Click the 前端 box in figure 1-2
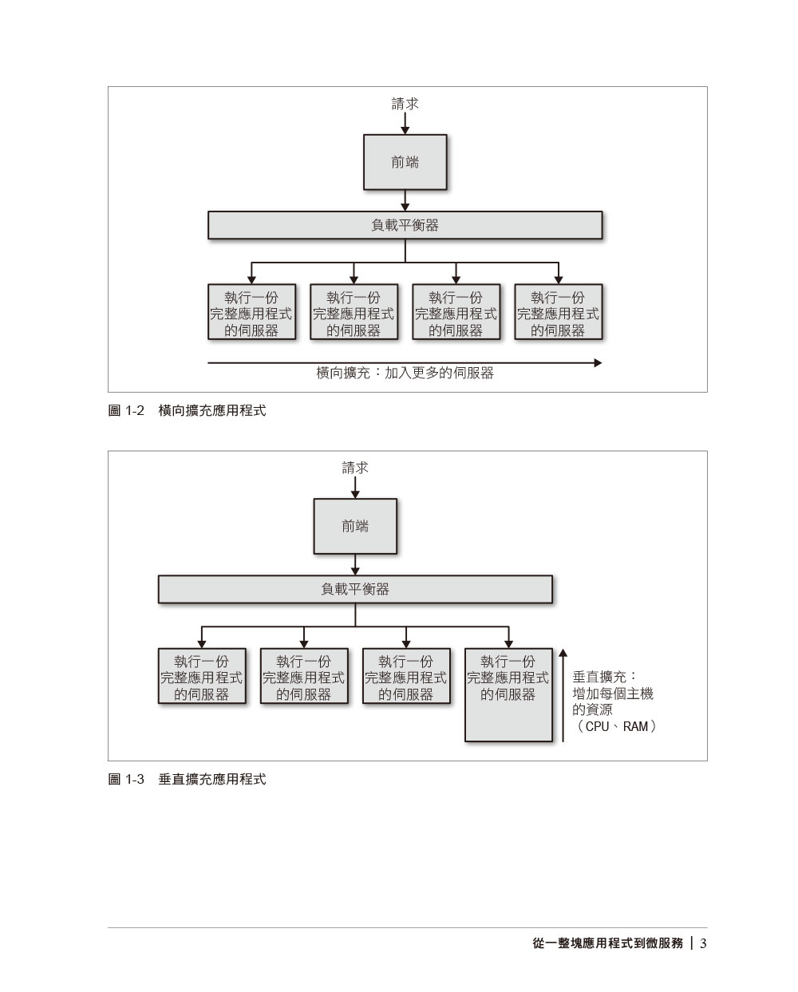tap(405, 162)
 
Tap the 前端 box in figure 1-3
tap(355, 526)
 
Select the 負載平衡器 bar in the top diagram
tap(405, 225)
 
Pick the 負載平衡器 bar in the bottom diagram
tap(355, 589)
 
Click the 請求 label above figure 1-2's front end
tap(405, 104)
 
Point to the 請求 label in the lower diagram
tap(355, 468)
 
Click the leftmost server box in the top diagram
tap(251, 313)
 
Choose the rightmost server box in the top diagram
tap(558, 313)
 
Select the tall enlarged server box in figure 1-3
tap(508, 694)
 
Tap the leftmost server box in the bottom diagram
tap(202, 677)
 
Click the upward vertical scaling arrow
tap(563, 694)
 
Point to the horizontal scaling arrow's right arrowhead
tap(597, 363)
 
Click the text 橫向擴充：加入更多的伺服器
tap(405, 373)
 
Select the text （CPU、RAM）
tap(614, 726)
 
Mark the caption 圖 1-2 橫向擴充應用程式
tap(187, 411)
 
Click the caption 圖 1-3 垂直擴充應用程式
tap(187, 779)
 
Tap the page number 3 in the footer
tap(703, 943)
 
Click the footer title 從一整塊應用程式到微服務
tap(607, 943)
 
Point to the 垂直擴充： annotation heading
tap(604, 677)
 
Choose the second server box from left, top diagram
tap(354, 313)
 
